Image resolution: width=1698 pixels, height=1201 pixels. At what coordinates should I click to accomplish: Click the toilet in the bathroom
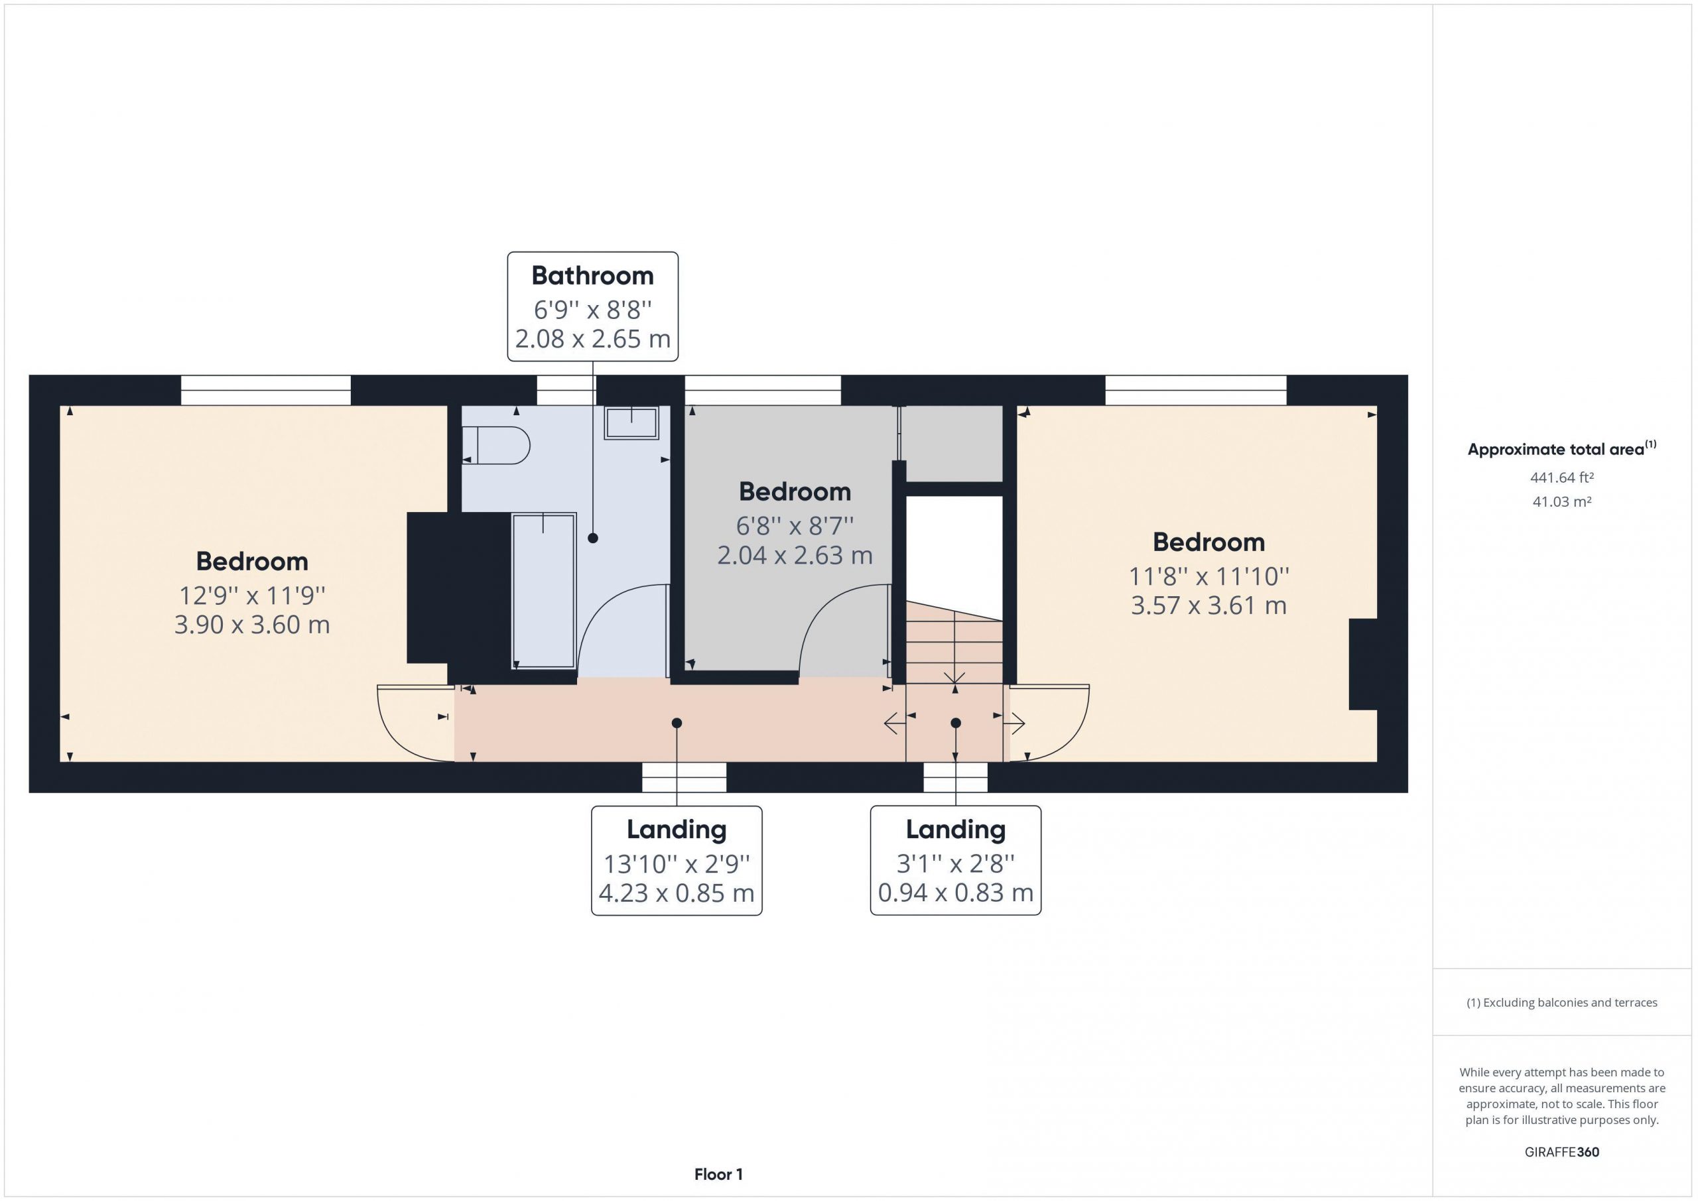pyautogui.click(x=496, y=444)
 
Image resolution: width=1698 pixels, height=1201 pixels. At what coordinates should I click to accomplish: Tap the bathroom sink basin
pyautogui.click(x=631, y=422)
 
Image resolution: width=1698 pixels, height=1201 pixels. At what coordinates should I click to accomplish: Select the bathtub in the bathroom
pyautogui.click(x=544, y=591)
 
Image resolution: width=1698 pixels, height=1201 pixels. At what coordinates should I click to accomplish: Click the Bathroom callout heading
pyautogui.click(x=592, y=275)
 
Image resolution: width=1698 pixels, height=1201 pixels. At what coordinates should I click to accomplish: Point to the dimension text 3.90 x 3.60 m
pyautogui.click(x=252, y=624)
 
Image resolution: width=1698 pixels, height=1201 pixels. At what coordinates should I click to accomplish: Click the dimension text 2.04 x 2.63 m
pyautogui.click(x=795, y=554)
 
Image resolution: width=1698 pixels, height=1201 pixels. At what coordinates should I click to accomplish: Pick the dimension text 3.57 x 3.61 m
pyautogui.click(x=1208, y=605)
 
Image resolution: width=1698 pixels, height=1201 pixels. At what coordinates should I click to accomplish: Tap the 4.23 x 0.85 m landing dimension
pyautogui.click(x=677, y=893)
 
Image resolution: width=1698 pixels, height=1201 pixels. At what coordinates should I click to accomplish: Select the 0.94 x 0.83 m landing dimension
pyautogui.click(x=956, y=893)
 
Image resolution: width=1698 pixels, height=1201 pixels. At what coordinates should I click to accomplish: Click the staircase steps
pyautogui.click(x=954, y=642)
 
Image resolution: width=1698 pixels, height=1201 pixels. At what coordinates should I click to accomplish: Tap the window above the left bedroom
pyautogui.click(x=265, y=390)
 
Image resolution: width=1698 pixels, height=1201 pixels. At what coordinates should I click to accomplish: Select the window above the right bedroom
pyautogui.click(x=1196, y=390)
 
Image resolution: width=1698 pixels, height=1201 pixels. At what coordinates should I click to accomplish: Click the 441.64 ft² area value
pyautogui.click(x=1561, y=477)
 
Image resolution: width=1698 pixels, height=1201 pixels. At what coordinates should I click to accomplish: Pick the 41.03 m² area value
pyautogui.click(x=1561, y=501)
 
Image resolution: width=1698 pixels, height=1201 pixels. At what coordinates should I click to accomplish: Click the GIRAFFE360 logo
pyautogui.click(x=1562, y=1151)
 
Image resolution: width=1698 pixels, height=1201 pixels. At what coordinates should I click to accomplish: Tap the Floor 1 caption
pyautogui.click(x=718, y=1174)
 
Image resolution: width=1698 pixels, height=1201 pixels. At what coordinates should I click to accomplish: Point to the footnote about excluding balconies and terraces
pyautogui.click(x=1562, y=1002)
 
